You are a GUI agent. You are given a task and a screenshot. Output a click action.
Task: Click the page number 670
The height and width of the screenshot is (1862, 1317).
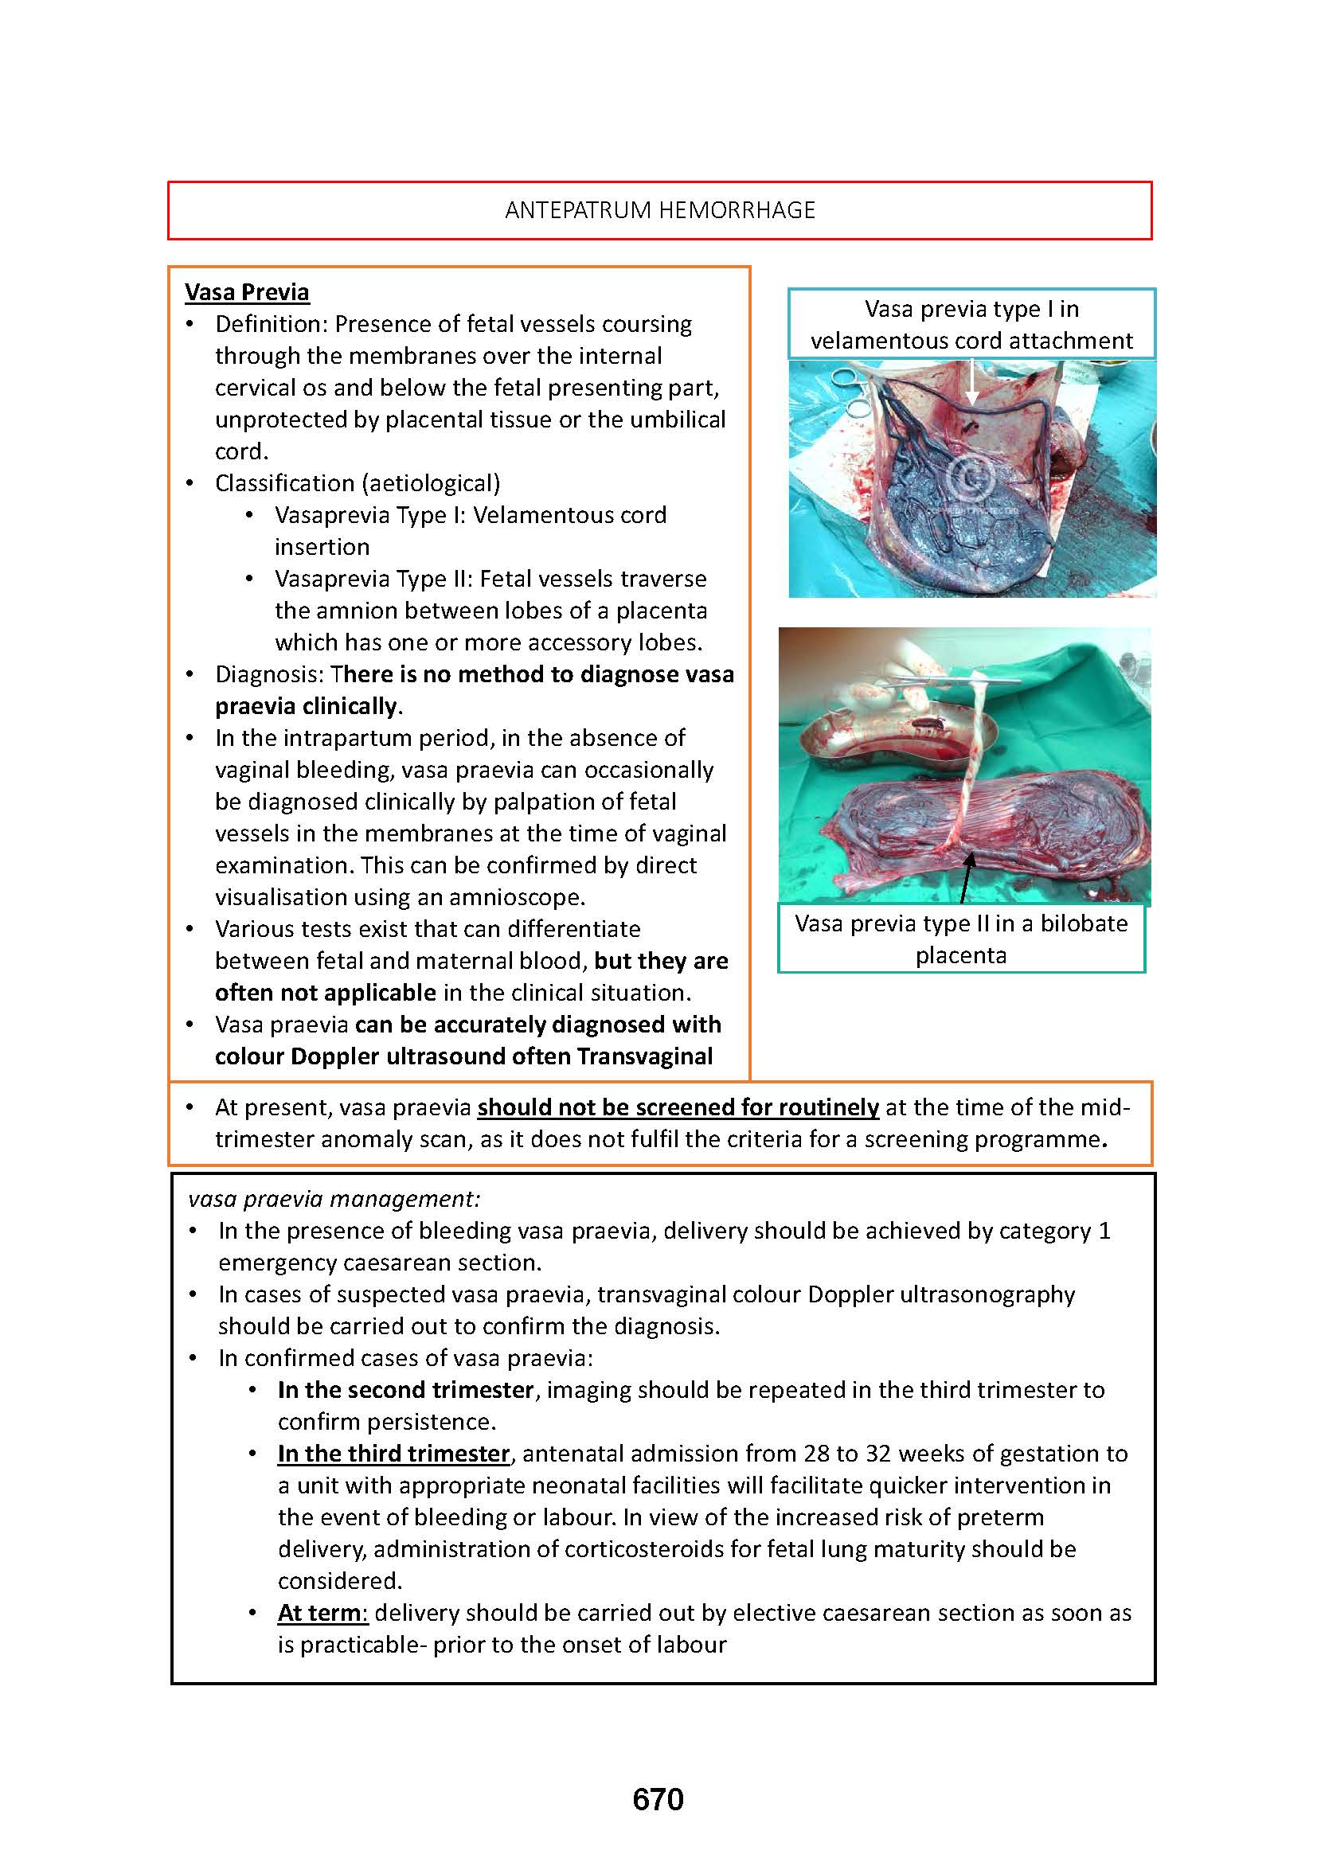[658, 1800]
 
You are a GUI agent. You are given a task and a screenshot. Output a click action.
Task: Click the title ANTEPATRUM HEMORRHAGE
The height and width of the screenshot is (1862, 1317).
[659, 210]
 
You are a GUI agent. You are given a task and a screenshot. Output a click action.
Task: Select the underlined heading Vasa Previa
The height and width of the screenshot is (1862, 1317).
[247, 292]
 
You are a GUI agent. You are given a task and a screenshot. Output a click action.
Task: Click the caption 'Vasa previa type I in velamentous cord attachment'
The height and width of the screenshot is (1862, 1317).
[971, 324]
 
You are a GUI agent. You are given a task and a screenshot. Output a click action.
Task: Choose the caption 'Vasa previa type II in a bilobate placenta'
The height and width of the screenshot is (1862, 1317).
[961, 939]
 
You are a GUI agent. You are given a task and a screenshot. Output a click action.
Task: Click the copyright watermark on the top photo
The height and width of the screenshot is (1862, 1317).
[967, 478]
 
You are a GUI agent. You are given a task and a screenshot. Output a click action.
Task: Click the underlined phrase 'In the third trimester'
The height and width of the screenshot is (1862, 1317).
[393, 1454]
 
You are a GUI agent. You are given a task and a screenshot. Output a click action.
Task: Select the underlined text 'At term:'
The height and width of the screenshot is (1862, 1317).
[322, 1612]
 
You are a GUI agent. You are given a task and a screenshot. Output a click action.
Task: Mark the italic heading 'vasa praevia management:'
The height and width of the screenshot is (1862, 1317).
[334, 1199]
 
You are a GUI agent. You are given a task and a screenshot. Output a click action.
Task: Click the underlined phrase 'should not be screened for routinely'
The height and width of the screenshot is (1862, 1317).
[678, 1107]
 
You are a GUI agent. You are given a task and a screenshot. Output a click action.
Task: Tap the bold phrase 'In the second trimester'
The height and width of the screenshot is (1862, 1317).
[405, 1390]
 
